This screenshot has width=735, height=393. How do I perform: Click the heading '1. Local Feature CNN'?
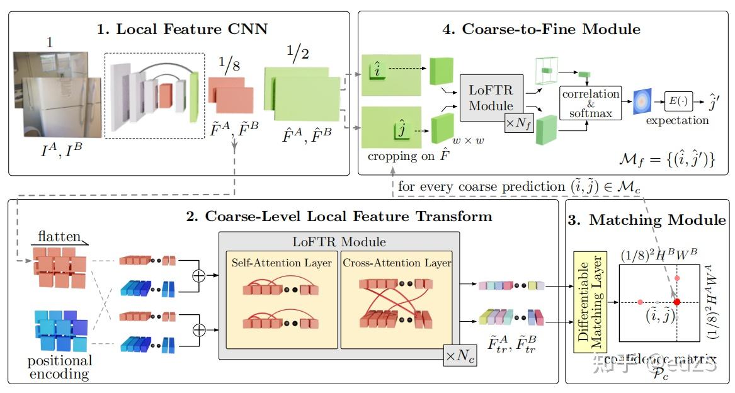[x=182, y=28]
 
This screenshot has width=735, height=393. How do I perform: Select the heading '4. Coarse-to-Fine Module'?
[x=542, y=28]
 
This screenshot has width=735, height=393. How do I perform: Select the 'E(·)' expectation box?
[x=678, y=100]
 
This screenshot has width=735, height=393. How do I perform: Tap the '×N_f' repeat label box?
[x=518, y=123]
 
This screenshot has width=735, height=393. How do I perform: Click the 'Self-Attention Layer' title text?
[x=281, y=263]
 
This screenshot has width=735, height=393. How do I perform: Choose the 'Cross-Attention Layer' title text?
[x=397, y=263]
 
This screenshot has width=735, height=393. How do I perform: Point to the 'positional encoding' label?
[x=59, y=367]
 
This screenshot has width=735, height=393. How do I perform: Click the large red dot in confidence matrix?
[x=676, y=302]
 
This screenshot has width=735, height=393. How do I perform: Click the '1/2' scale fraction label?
[x=295, y=54]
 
